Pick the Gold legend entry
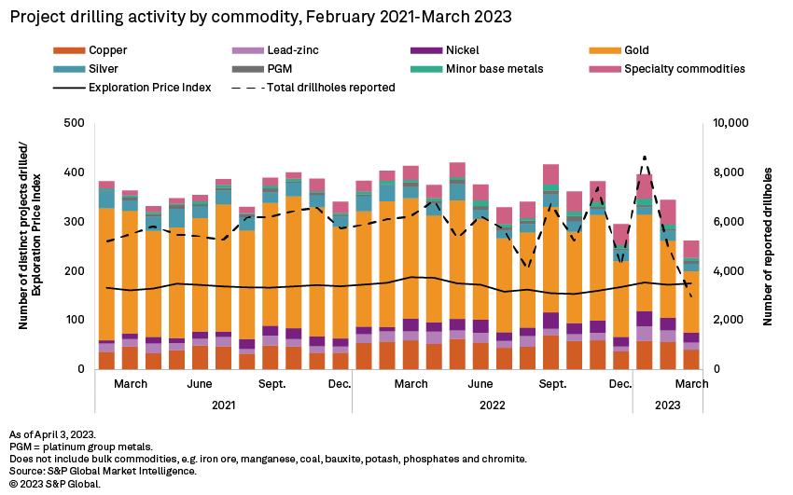point(638,49)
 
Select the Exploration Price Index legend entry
point(149,87)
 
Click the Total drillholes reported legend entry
point(331,87)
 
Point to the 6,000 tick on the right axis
point(728,222)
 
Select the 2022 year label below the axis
point(493,405)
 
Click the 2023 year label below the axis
point(666,405)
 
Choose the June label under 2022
point(480,383)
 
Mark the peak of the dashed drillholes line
point(644,157)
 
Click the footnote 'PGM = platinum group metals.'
point(71,447)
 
